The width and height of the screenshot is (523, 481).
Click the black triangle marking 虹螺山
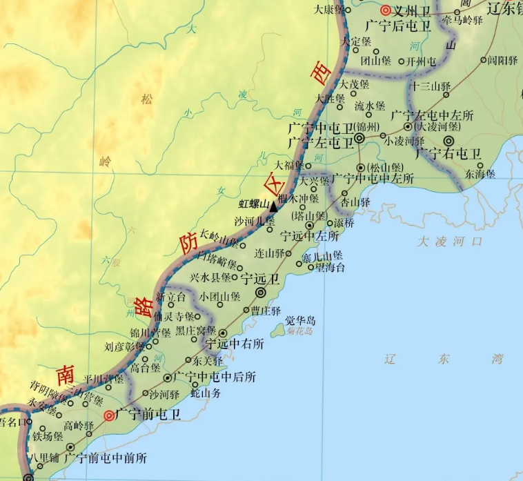273,206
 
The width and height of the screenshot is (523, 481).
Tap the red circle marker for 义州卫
386,10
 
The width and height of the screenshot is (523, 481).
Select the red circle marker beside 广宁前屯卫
109,415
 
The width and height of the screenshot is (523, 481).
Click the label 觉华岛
301,321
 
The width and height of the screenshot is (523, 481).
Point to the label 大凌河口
450,242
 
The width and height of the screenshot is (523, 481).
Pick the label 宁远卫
260,279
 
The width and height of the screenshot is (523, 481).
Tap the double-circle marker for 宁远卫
261,293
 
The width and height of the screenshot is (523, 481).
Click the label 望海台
330,268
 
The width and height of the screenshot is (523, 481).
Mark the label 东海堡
480,175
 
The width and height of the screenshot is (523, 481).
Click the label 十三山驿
430,86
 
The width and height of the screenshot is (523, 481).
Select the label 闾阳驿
502,61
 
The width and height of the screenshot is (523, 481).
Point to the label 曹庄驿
266,311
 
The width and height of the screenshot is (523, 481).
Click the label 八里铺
44,457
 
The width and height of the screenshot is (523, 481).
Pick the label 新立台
171,297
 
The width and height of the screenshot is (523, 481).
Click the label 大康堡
328,10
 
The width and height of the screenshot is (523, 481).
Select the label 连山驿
270,253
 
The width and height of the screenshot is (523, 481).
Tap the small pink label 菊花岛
299,332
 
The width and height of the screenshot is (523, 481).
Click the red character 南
66,375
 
